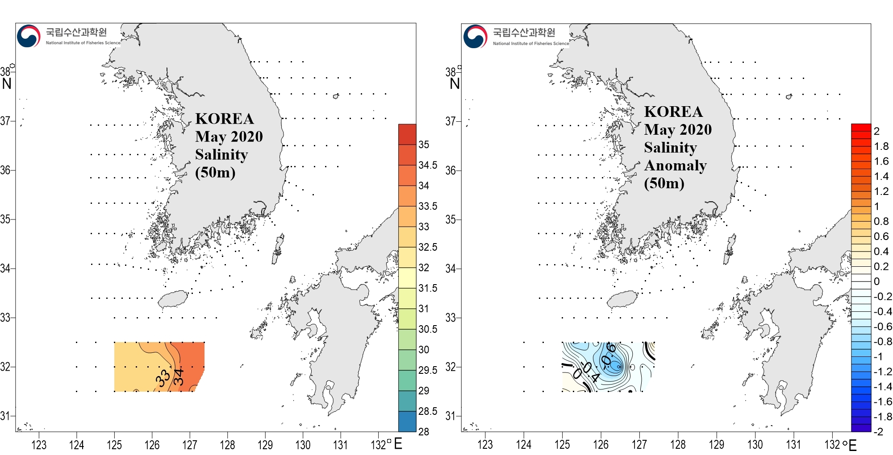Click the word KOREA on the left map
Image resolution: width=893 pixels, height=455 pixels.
pos(224,119)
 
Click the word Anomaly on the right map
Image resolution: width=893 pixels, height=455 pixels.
pos(675,165)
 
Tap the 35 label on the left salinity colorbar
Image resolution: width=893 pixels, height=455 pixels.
pos(424,145)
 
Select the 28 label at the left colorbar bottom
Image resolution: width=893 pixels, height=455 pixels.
pos(424,431)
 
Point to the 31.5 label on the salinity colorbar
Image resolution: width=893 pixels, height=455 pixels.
pos(428,288)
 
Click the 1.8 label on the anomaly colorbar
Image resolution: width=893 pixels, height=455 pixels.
pos(881,146)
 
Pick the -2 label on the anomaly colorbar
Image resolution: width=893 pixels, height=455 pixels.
pos(879,431)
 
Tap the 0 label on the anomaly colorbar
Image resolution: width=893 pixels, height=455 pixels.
pos(876,281)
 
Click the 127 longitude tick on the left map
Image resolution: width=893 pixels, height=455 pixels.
pos(190,445)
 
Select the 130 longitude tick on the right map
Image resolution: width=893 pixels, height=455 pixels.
pos(755,445)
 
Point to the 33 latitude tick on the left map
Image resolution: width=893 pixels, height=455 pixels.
pos(5,318)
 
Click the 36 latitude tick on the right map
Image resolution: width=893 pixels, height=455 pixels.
pos(451,170)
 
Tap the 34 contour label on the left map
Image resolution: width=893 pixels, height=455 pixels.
pos(179,377)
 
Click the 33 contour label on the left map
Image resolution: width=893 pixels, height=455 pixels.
pos(163,378)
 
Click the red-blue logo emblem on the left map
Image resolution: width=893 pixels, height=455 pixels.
pos(29,36)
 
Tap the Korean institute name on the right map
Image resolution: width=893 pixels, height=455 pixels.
pos(524,32)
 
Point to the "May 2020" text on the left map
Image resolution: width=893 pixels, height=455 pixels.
pos(229,136)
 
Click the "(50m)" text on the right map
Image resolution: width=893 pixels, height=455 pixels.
pos(664,183)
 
